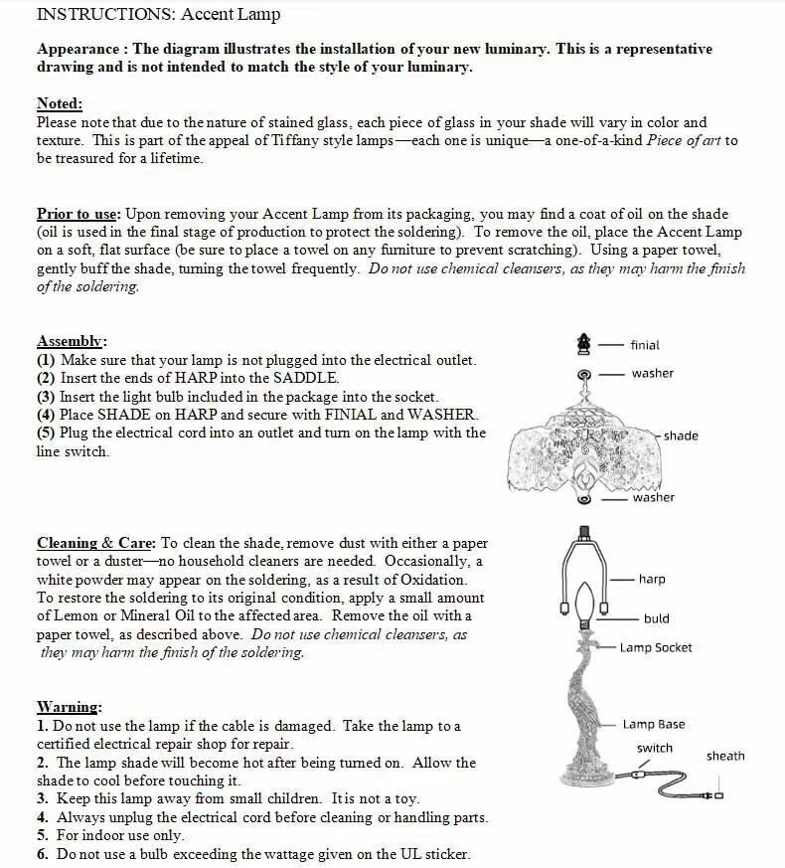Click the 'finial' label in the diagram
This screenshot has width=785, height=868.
644,345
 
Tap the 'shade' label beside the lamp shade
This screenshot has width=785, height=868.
681,435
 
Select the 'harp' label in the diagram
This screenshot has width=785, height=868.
652,579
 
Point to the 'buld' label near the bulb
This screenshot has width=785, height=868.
656,618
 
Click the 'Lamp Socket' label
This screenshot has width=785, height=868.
656,647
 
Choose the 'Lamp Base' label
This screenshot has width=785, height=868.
653,725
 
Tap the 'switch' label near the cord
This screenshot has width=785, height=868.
654,748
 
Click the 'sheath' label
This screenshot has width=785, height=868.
725,756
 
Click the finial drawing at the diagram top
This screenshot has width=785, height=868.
584,343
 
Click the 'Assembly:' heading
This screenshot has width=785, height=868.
72,341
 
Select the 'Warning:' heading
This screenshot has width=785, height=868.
69,707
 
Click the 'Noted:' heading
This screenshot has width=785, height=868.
60,103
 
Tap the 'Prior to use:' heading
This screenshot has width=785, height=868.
78,214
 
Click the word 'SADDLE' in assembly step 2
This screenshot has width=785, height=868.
310,378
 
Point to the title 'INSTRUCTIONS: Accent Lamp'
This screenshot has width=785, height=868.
158,14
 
